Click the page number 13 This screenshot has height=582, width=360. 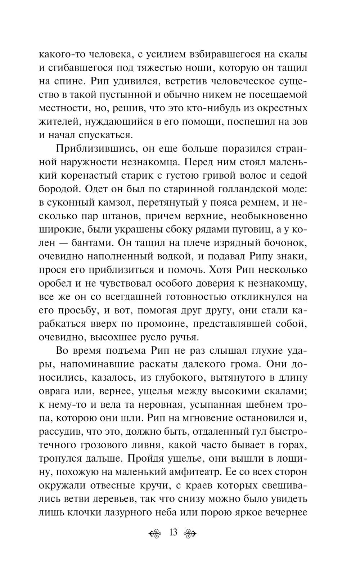pos(173,532)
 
